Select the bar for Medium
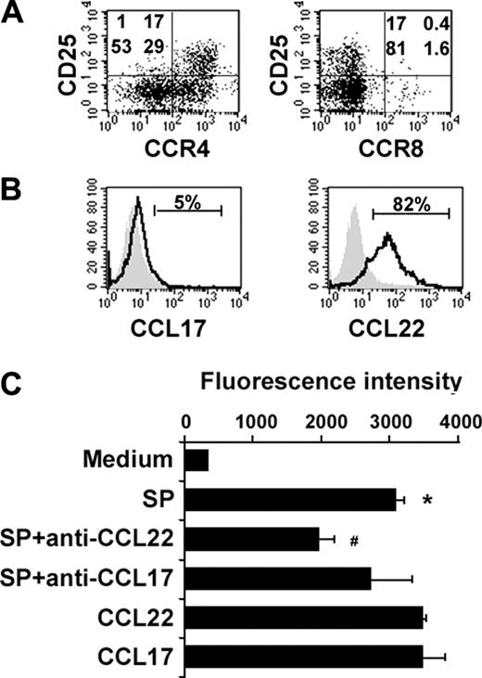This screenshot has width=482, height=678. tap(197, 461)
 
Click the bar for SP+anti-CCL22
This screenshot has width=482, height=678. tap(252, 539)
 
